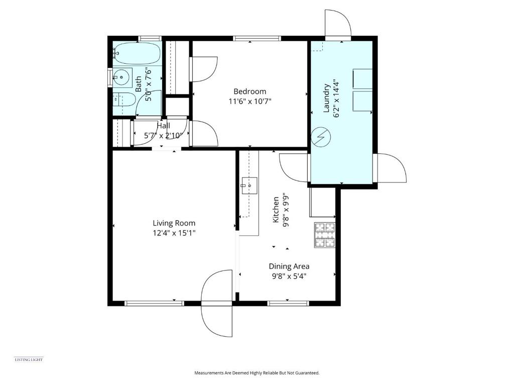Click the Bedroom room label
pos(249,91)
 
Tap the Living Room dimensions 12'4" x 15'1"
pos(174,233)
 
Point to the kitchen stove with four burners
pos(325,235)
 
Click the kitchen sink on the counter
pos(249,185)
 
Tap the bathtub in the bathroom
pos(137,53)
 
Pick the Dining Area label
pos(289,266)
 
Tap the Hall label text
pos(164,126)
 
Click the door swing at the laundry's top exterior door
pos(338,24)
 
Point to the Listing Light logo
pos(29,360)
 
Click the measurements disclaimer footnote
pos(256,373)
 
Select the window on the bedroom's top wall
pos(257,38)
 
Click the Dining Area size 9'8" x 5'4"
pos(289,276)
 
